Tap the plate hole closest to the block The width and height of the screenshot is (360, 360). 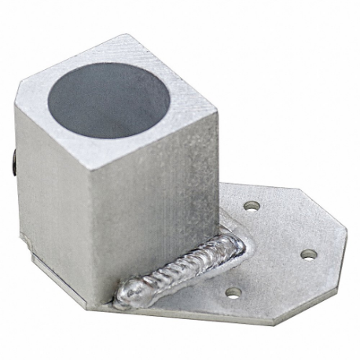252,205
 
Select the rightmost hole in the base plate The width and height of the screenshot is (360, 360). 309,254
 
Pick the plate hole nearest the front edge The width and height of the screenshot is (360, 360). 233,292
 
